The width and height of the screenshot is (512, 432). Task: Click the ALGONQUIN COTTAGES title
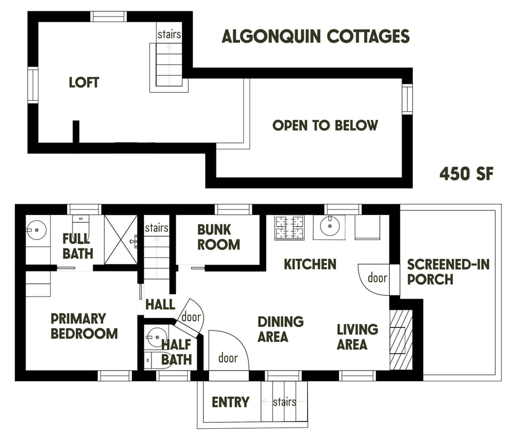315,36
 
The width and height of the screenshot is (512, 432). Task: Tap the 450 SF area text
466,173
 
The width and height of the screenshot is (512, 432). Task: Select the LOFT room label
84,83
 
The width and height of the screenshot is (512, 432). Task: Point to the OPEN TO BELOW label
325,125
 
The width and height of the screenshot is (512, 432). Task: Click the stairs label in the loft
169,35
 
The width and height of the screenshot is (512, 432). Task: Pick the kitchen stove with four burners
289,227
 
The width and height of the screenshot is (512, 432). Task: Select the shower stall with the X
121,239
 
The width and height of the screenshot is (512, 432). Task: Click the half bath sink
157,337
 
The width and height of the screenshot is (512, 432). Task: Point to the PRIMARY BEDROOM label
84,326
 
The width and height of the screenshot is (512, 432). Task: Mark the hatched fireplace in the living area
401,339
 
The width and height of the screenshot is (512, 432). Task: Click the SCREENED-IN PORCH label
448,271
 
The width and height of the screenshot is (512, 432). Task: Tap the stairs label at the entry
284,402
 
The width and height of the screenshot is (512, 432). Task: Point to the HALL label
160,305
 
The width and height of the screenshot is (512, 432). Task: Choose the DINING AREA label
281,329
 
